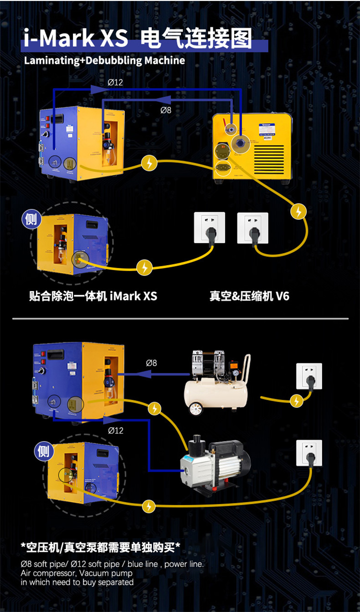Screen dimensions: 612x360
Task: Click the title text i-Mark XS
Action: pos(76,38)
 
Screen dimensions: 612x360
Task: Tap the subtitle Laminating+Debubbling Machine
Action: pos(104,61)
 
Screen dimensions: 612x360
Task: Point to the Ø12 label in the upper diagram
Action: pos(115,82)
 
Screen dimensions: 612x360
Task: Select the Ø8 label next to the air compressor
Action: pos(151,363)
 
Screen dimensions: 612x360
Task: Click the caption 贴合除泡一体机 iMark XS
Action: pos(93,296)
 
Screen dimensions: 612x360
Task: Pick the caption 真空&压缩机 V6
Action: pos(249,296)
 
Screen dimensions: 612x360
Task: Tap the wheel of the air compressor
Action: pos(196,409)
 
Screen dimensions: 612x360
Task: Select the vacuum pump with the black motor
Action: pos(214,462)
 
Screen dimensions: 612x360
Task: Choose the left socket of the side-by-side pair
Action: pos(210,228)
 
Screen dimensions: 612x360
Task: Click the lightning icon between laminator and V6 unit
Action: pos(149,163)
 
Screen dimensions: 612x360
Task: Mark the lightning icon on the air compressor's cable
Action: pos(297,401)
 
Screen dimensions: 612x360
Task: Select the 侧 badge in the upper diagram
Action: pos(31,219)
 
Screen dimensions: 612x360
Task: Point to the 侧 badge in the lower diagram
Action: pos(43,451)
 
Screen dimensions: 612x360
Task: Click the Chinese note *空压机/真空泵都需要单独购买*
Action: pos(101,546)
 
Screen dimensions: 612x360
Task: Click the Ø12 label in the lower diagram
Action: pos(115,430)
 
